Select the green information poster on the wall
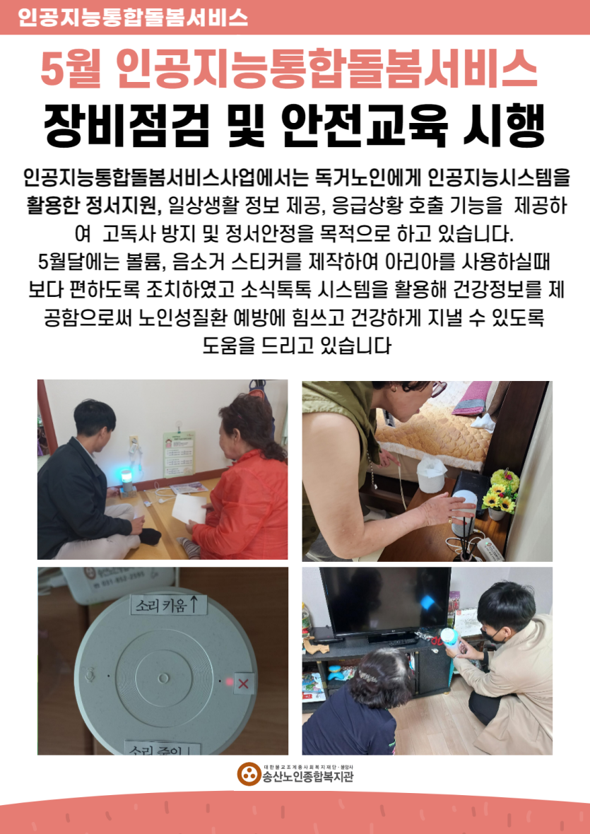(179, 454)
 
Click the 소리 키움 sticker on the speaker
(166, 604)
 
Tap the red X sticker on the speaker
(244, 683)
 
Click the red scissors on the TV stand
(437, 640)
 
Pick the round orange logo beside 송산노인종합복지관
(248, 775)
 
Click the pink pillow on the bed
(472, 399)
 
